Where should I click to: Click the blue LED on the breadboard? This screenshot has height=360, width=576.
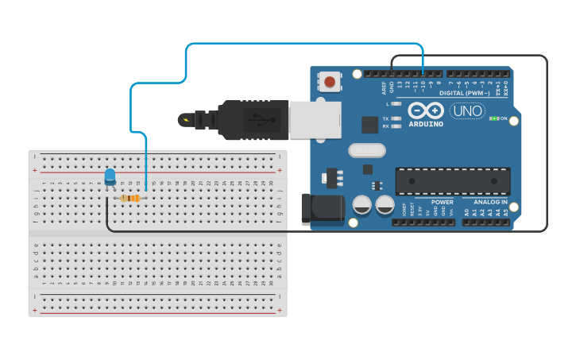110,176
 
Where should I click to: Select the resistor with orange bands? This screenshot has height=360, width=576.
130,198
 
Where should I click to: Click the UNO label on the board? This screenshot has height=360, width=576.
467,111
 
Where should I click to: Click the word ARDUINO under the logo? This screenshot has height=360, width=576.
426,124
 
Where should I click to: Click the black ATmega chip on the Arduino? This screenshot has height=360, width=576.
453,181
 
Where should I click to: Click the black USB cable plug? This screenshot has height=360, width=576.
253,119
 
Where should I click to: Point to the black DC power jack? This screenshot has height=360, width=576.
323,209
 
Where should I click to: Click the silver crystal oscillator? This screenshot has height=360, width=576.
365,150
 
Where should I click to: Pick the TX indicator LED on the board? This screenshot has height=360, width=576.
396,118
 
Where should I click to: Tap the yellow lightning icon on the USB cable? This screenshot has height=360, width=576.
187,121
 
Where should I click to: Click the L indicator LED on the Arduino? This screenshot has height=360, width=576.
396,104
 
